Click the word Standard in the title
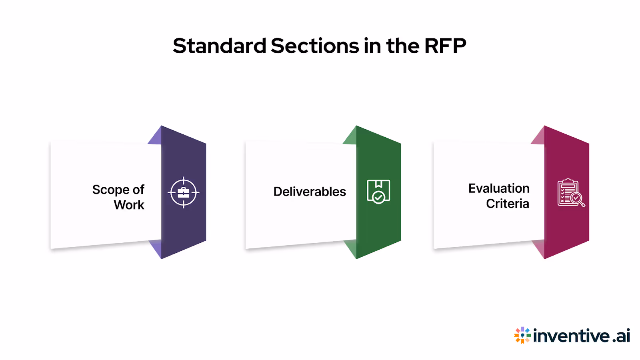coord(219,46)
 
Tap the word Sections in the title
coord(315,46)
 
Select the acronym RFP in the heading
coord(445,46)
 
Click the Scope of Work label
coord(118,197)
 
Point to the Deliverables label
coord(310,192)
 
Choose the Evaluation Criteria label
coord(499,196)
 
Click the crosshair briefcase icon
coord(183,192)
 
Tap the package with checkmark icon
coord(378,192)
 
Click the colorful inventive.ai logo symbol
coord(522,335)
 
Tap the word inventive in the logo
coord(571,336)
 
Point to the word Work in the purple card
coord(129,205)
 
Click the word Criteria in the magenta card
coord(508,204)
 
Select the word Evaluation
coord(499,188)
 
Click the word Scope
coord(110,190)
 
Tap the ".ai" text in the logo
coord(621,336)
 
